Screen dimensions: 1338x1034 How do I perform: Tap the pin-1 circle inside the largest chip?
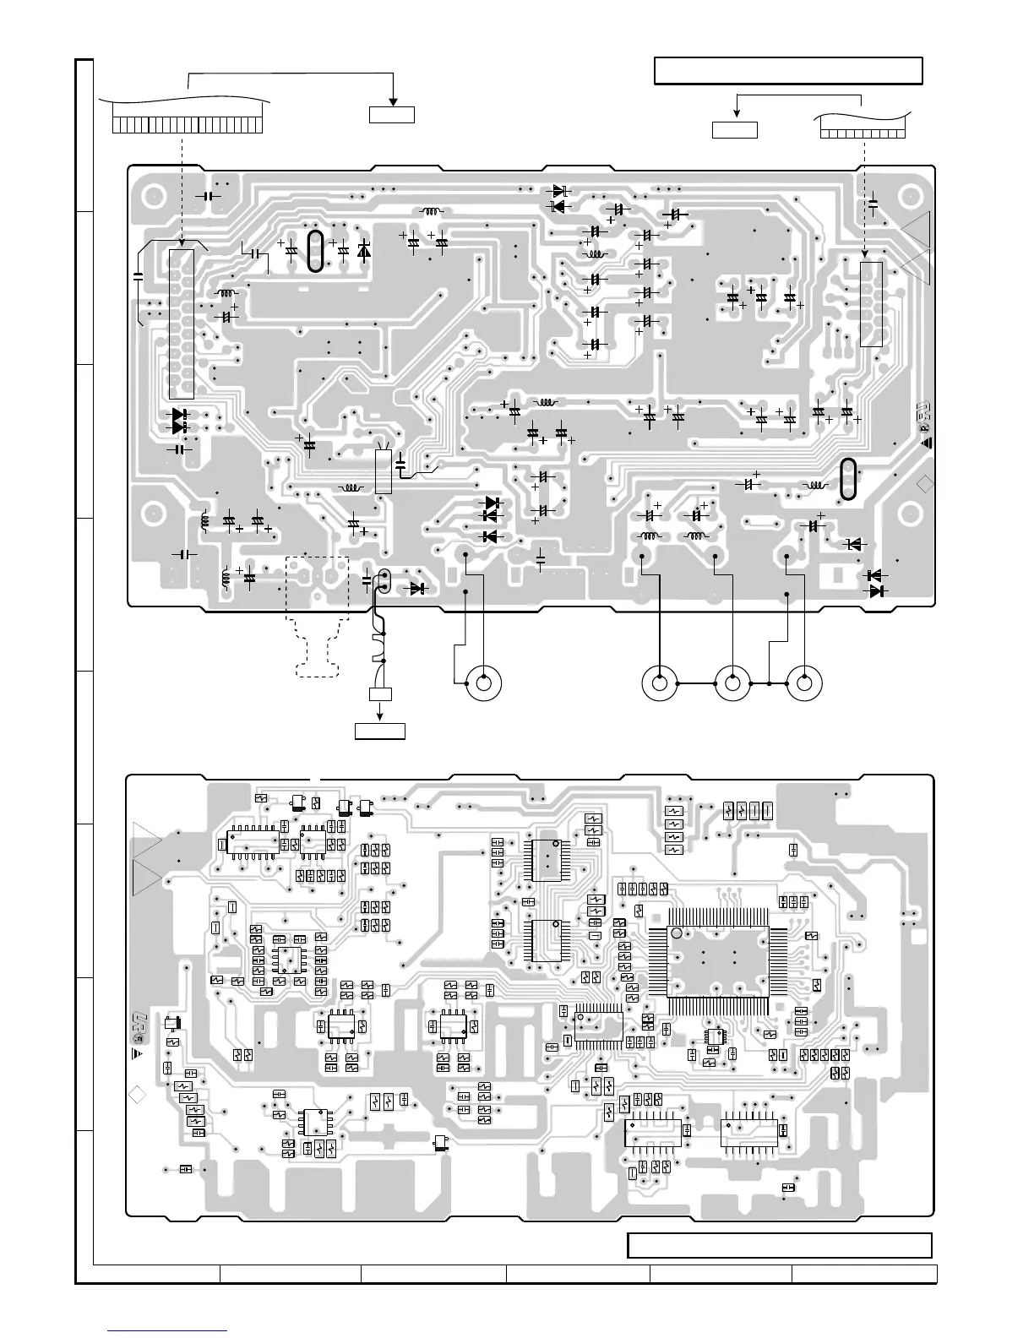point(677,933)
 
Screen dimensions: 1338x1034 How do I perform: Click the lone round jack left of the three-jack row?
point(483,682)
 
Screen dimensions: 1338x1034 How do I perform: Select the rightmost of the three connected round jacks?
point(803,683)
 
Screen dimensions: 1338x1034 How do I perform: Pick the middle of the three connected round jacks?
point(732,683)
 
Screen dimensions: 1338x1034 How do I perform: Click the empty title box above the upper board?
point(788,71)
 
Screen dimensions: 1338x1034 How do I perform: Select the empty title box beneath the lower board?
point(779,1245)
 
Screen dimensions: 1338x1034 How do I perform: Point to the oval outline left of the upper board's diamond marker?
point(848,479)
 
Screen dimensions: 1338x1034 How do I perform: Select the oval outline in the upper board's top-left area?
point(315,252)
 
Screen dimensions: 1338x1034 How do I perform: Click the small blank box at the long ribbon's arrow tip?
point(391,114)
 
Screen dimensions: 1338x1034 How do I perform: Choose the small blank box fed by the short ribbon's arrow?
point(734,130)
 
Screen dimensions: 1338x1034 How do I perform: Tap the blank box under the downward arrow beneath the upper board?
point(379,731)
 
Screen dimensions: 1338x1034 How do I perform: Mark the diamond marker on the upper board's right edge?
point(925,483)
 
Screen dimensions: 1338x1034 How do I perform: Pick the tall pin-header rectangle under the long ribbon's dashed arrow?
point(181,324)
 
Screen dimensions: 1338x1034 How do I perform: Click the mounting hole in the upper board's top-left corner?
point(153,195)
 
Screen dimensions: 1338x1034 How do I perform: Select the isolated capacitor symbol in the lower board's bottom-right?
point(787,1187)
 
